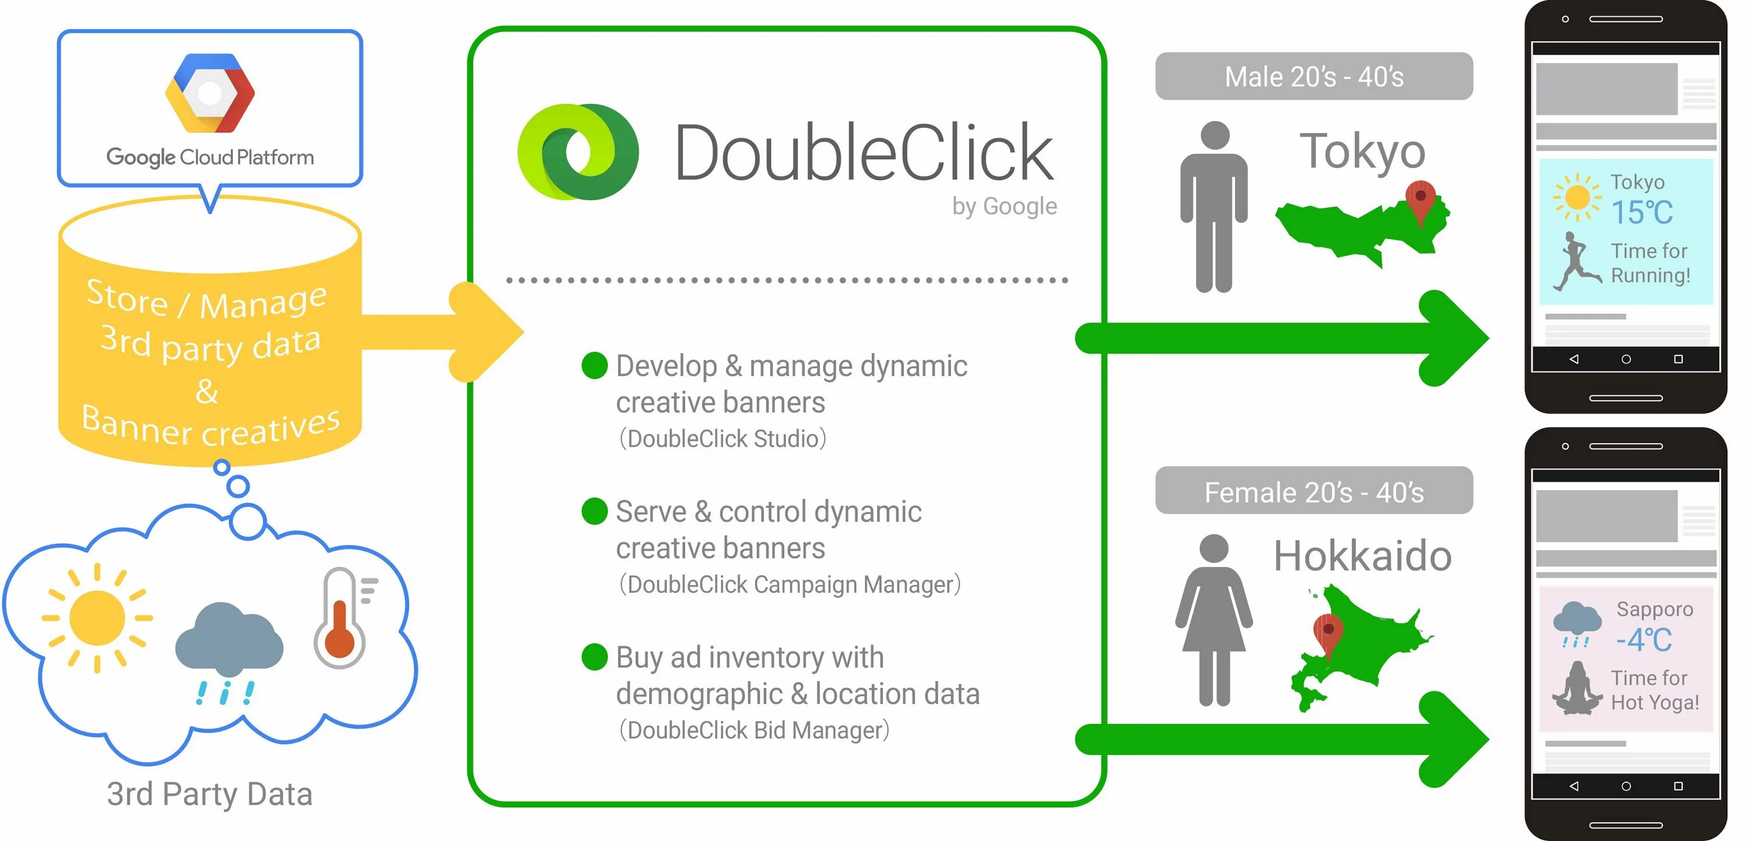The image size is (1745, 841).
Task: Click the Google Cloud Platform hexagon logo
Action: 210,93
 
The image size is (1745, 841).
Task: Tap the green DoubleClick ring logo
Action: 578,152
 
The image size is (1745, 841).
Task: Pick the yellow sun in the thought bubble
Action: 97,618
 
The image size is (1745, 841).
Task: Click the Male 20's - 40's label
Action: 1313,77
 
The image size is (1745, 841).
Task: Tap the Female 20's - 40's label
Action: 1313,491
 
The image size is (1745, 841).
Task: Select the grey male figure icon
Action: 1214,206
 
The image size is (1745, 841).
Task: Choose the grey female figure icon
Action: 1214,619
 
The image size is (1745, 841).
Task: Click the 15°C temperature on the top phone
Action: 1642,213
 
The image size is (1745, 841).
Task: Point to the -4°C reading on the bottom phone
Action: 1643,640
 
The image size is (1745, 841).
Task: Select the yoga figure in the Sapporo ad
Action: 1577,689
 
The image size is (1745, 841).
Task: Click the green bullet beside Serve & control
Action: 594,511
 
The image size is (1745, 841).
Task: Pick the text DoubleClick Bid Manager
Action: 754,730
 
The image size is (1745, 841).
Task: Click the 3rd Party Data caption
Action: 209,794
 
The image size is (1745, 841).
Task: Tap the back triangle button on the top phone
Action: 1573,359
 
